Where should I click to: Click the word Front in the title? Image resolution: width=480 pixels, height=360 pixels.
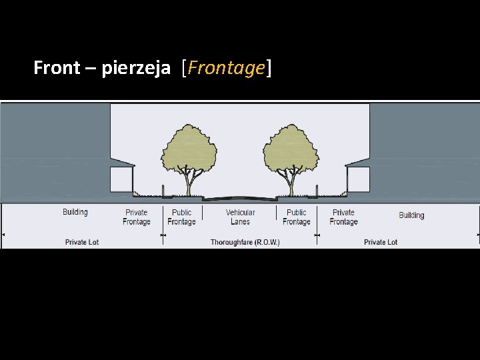click(56, 68)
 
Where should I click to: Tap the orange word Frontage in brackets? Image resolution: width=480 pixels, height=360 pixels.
click(227, 68)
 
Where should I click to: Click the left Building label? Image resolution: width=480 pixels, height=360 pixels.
click(75, 212)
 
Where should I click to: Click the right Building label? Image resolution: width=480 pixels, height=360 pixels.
click(411, 215)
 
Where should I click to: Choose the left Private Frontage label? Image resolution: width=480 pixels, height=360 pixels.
click(137, 217)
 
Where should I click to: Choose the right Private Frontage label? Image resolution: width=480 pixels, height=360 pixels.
click(343, 217)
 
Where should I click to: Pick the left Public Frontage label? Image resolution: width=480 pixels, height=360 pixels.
click(181, 217)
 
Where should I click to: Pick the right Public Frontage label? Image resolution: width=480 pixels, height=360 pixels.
click(297, 217)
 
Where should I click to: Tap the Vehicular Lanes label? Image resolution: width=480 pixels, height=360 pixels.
click(240, 217)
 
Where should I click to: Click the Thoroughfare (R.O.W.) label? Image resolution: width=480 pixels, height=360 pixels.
click(245, 242)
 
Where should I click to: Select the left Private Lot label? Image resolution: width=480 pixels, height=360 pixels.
click(82, 242)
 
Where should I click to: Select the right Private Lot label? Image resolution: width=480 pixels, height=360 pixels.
click(381, 242)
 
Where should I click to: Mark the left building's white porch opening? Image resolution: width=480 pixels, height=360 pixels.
click(121, 178)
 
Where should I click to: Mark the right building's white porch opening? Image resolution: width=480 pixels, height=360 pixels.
click(359, 178)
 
